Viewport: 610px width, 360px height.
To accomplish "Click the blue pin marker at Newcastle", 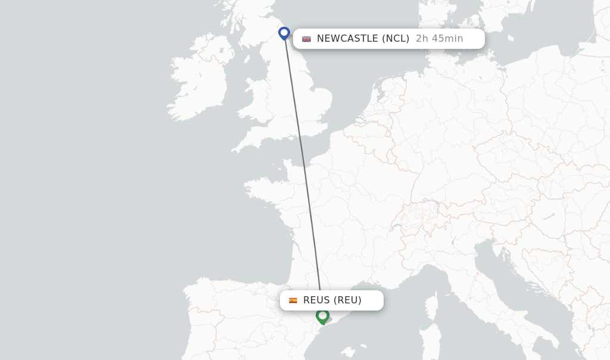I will coord(284,33).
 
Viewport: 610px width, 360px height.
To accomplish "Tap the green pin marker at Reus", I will coord(322,315).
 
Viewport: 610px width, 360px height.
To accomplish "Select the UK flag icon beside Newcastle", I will coord(306,39).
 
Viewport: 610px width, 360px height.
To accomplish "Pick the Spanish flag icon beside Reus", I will coord(293,300).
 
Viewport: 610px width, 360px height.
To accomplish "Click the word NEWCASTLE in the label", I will coord(347,39).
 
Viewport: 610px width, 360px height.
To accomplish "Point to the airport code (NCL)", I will coord(396,39).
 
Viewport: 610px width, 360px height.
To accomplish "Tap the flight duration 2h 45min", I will coord(439,39).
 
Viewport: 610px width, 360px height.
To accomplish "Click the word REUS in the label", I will coord(316,300).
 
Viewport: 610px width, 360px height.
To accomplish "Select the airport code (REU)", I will coord(347,300).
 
